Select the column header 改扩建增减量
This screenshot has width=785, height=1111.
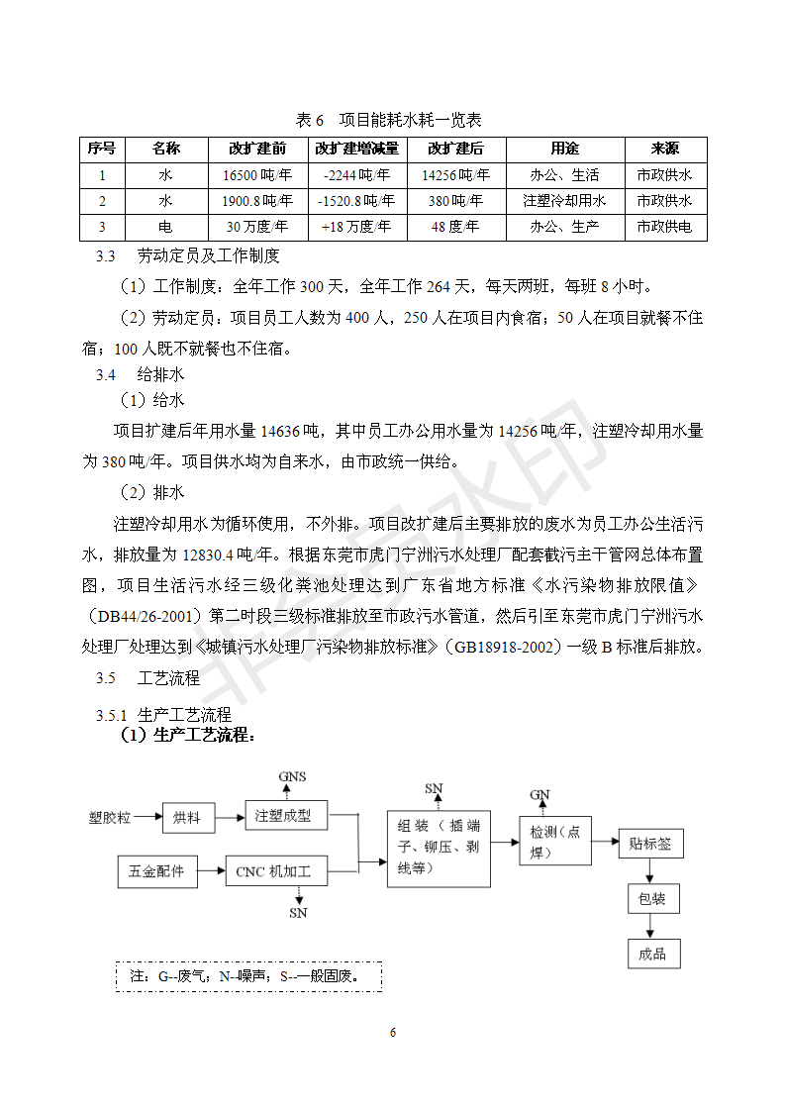(357, 149)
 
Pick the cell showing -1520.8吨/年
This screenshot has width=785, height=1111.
(357, 201)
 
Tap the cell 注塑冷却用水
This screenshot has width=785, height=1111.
(564, 201)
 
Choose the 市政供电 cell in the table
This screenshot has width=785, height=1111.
(664, 227)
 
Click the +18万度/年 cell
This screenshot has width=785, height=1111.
(357, 227)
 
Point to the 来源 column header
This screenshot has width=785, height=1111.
(664, 149)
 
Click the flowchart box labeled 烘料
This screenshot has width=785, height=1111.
(188, 817)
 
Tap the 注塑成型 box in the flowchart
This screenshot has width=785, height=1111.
(282, 816)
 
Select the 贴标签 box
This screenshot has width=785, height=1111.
(650, 844)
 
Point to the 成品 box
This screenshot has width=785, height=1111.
(653, 954)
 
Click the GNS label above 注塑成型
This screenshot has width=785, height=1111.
(292, 776)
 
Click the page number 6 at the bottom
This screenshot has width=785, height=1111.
(393, 1033)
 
